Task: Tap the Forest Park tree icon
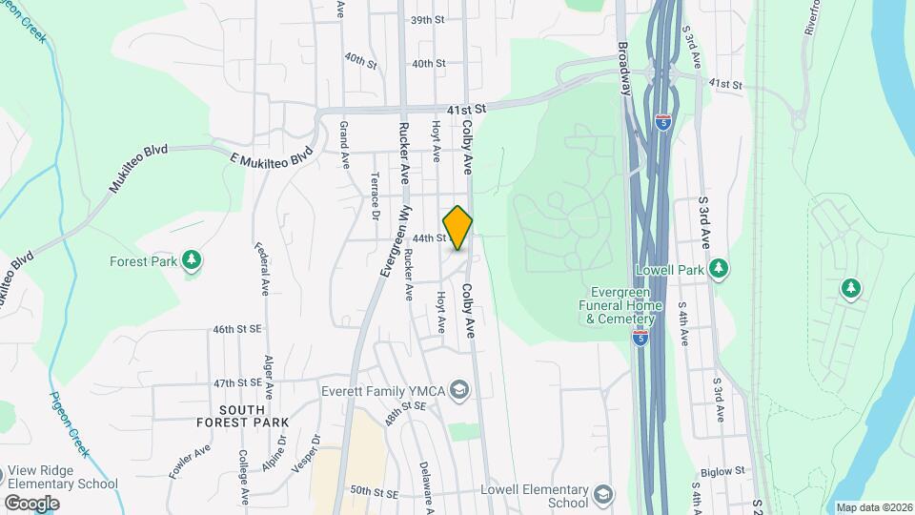coord(192,259)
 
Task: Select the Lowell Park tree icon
coord(719,269)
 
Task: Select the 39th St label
coord(428,19)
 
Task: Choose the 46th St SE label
coord(236,329)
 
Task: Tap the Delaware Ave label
coord(426,484)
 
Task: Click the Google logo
coord(31,503)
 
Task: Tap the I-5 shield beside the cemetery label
coord(636,337)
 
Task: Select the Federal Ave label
coord(261,268)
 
